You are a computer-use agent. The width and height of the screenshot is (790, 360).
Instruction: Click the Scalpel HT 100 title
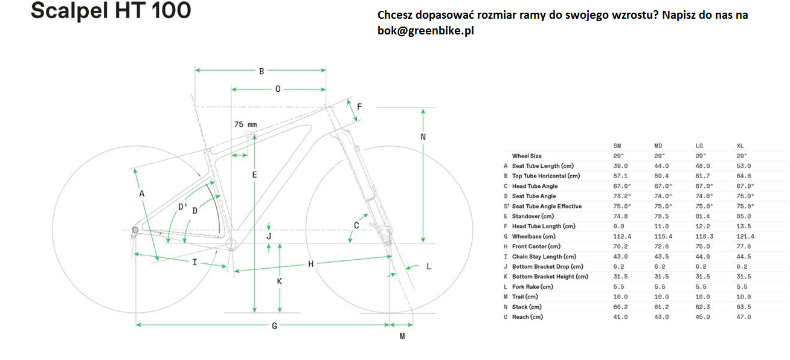click(x=111, y=11)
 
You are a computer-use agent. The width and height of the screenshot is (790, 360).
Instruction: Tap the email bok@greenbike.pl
click(x=426, y=31)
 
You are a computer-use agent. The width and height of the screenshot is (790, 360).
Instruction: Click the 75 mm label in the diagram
click(x=246, y=124)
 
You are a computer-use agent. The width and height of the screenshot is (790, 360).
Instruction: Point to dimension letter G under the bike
click(x=274, y=326)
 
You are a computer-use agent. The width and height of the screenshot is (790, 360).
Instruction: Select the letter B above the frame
click(x=262, y=71)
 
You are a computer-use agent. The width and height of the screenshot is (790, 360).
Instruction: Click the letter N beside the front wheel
click(x=423, y=137)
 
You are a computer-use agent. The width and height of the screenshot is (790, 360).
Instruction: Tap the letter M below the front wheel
click(x=402, y=336)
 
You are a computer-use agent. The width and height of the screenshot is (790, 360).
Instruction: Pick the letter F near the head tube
click(x=359, y=106)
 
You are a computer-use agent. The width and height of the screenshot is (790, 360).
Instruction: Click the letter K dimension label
click(x=279, y=281)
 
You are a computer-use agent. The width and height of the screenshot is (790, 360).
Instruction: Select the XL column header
click(x=740, y=146)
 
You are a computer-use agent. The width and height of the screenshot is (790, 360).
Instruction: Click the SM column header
click(x=617, y=146)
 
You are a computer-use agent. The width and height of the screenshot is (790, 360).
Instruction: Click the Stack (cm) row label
click(x=527, y=307)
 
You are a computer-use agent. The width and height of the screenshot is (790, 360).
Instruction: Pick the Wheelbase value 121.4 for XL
click(x=745, y=236)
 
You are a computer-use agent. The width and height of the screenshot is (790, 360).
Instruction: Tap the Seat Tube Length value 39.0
click(x=620, y=166)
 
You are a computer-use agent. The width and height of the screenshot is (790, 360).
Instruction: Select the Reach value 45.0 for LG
click(x=702, y=317)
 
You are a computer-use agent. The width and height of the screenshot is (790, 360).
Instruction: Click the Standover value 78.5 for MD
click(x=661, y=216)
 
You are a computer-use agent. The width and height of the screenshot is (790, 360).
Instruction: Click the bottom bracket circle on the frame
click(x=231, y=243)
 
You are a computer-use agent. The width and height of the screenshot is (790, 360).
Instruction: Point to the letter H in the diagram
click(x=310, y=264)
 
